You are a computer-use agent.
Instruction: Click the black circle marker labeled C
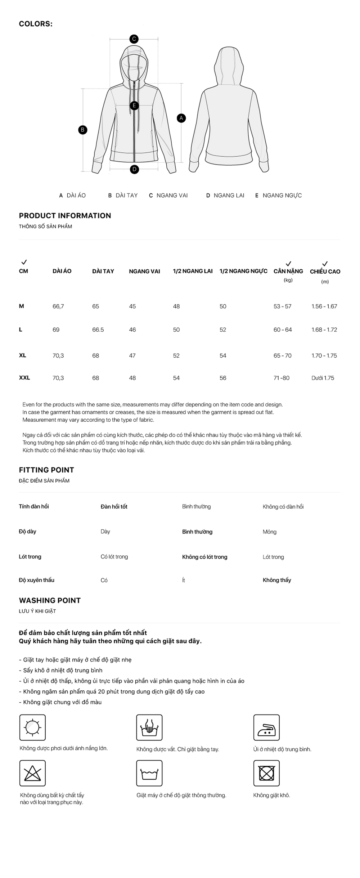[x=134, y=39]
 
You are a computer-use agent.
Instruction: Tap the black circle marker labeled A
[x=181, y=118]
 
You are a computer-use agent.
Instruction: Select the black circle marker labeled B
[x=83, y=130]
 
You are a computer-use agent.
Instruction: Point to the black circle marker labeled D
[x=134, y=169]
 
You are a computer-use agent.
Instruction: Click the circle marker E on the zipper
[x=134, y=106]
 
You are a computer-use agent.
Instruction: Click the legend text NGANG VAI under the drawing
[x=172, y=196]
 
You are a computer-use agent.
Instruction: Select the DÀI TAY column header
[x=103, y=271]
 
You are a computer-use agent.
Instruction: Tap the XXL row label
[x=24, y=378]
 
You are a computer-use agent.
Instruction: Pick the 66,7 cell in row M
[x=58, y=306]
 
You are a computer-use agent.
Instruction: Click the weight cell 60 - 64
[x=283, y=330]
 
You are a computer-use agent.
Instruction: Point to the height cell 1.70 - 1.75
[x=324, y=356]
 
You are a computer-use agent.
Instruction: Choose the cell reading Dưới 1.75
[x=323, y=378]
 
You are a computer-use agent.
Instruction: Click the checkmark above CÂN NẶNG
[x=288, y=264]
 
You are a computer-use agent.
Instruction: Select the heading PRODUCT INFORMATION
[x=65, y=216]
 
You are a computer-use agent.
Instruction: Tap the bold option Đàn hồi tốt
[x=114, y=507]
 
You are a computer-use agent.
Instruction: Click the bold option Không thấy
[x=277, y=580]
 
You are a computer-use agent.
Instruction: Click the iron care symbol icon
[x=266, y=727]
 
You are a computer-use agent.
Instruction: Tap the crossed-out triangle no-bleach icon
[x=32, y=773]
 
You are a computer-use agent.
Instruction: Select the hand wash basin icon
[x=149, y=727]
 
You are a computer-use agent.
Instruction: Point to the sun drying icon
[x=32, y=727]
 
